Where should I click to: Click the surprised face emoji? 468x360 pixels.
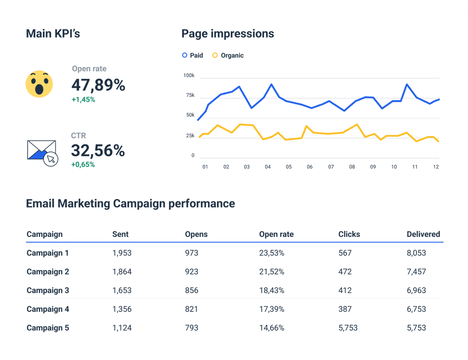click(39, 84)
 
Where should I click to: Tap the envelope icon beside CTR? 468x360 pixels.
click(42, 151)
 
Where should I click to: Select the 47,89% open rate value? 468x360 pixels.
click(98, 85)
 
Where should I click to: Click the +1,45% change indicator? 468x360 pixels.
click(83, 100)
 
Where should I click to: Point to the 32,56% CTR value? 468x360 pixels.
click(98, 151)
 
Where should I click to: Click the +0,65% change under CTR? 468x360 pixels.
click(83, 165)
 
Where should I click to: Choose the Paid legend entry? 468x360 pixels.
click(192, 55)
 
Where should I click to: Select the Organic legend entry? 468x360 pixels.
click(228, 55)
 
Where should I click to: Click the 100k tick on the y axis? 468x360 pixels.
click(189, 75)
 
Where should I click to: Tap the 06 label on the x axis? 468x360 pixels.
click(309, 167)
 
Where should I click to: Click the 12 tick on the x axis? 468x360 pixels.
click(436, 167)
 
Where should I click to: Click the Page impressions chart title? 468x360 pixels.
click(227, 33)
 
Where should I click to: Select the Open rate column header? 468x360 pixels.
click(276, 234)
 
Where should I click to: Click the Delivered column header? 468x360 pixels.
click(423, 234)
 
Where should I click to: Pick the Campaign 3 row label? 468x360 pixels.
click(48, 290)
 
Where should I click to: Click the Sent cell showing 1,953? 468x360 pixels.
click(122, 253)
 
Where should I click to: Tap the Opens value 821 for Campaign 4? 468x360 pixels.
click(192, 309)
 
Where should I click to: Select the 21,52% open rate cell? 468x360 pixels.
click(271, 272)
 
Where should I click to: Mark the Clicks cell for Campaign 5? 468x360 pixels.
click(348, 328)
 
